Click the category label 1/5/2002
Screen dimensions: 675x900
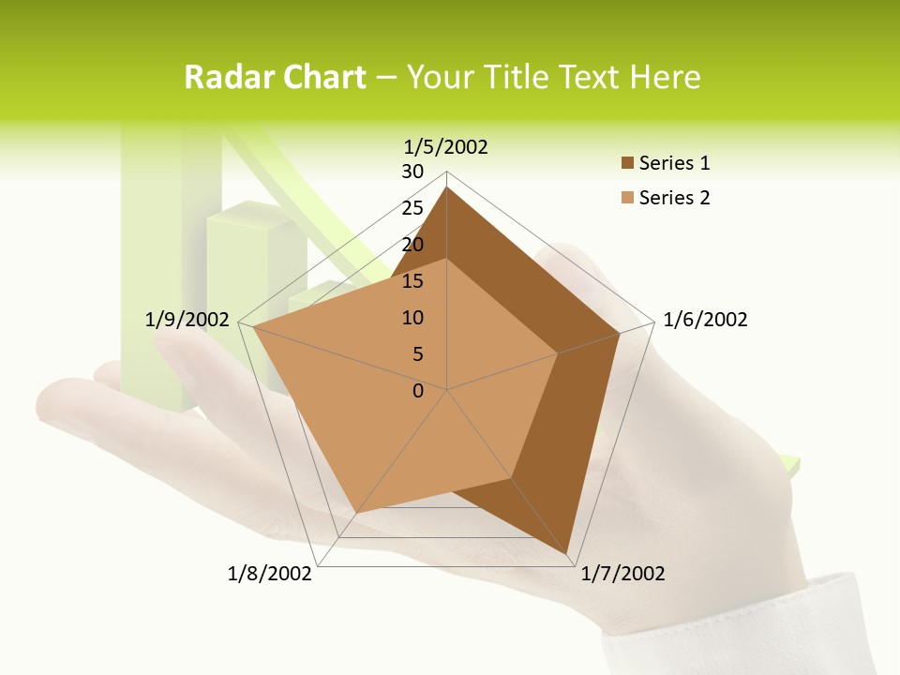[x=446, y=146]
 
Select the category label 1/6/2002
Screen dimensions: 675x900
[x=705, y=320]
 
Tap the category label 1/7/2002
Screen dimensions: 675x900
[x=622, y=574]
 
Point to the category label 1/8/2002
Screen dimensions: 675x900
[x=270, y=574]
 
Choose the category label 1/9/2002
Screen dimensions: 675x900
[x=187, y=320]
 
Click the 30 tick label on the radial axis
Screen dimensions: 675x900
[x=412, y=172]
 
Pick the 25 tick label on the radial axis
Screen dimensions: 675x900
[x=412, y=208]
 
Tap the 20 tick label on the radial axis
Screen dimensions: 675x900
[x=412, y=245]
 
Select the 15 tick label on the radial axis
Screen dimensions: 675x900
[x=412, y=281]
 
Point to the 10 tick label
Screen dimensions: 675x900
[x=412, y=318]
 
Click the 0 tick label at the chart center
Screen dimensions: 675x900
[x=418, y=391]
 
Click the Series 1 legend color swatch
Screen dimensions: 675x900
[x=627, y=163]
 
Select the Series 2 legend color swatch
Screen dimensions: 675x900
[x=627, y=198]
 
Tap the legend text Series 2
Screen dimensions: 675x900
[x=674, y=198]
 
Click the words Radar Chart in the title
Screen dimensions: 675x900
[x=275, y=77]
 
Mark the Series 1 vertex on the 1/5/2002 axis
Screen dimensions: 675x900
[x=446, y=187]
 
